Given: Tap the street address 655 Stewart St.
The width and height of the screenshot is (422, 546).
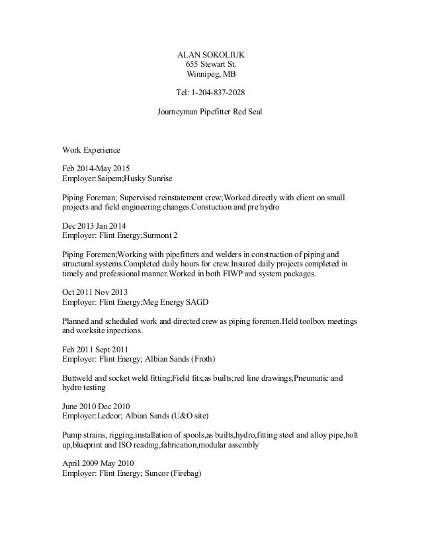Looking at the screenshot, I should [210, 64].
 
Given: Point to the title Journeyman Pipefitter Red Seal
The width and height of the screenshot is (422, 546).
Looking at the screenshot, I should [210, 112].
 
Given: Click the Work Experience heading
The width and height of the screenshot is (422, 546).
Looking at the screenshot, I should [91, 150].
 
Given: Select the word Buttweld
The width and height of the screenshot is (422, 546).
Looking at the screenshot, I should [78, 378].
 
